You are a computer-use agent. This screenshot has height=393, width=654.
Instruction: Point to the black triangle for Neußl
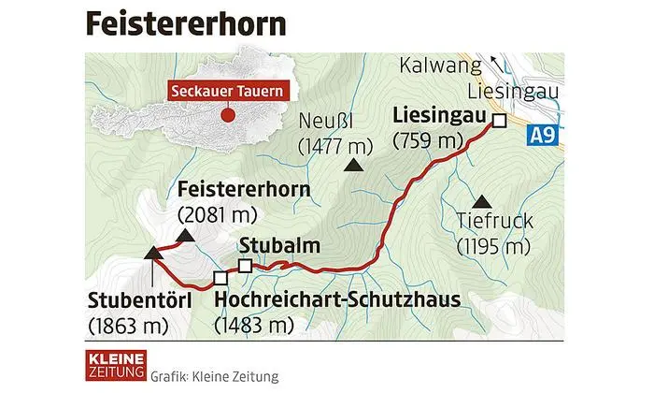pyautogui.click(x=352, y=166)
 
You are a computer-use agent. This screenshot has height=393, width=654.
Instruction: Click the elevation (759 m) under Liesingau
pyautogui.click(x=430, y=142)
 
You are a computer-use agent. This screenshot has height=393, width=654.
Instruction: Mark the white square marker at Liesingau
pyautogui.click(x=499, y=121)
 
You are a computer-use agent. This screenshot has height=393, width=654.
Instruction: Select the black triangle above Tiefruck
pyautogui.click(x=482, y=200)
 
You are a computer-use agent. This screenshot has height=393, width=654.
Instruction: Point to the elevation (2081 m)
pyautogui.click(x=217, y=214)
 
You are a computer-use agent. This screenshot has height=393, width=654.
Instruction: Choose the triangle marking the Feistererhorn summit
pyautogui.click(x=185, y=236)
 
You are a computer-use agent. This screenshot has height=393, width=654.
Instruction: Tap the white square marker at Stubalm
pyautogui.click(x=245, y=267)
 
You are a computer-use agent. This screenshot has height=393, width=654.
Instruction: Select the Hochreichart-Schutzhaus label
pyautogui.click(x=336, y=301)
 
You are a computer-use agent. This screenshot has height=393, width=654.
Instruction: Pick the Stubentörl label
pyautogui.click(x=139, y=301)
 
